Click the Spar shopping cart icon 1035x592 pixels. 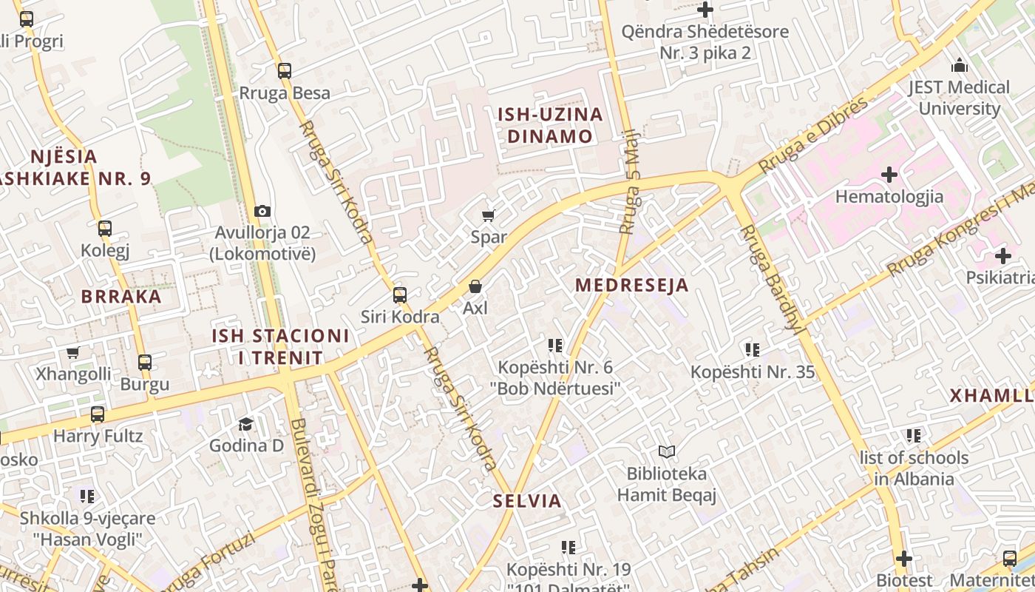point(488,216)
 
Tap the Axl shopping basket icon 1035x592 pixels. point(475,286)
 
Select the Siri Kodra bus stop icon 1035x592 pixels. point(400,295)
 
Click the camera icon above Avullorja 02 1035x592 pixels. point(262,212)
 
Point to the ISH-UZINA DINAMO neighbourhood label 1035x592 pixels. point(550,125)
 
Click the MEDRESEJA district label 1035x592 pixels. point(631,285)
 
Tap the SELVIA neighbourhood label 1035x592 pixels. point(527,501)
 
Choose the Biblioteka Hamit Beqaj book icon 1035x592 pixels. point(667,451)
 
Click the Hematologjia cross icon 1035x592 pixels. point(889,175)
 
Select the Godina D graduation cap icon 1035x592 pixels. point(245,424)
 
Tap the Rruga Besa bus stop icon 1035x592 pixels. point(285,71)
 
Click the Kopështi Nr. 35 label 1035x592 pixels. point(753,371)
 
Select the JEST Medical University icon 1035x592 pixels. point(960,65)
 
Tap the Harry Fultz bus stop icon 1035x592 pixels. point(98,414)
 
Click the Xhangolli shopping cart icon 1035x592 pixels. point(73,353)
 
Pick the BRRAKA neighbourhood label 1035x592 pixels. point(121,297)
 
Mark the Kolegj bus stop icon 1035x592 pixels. point(105,228)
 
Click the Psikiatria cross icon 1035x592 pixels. point(1002,257)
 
